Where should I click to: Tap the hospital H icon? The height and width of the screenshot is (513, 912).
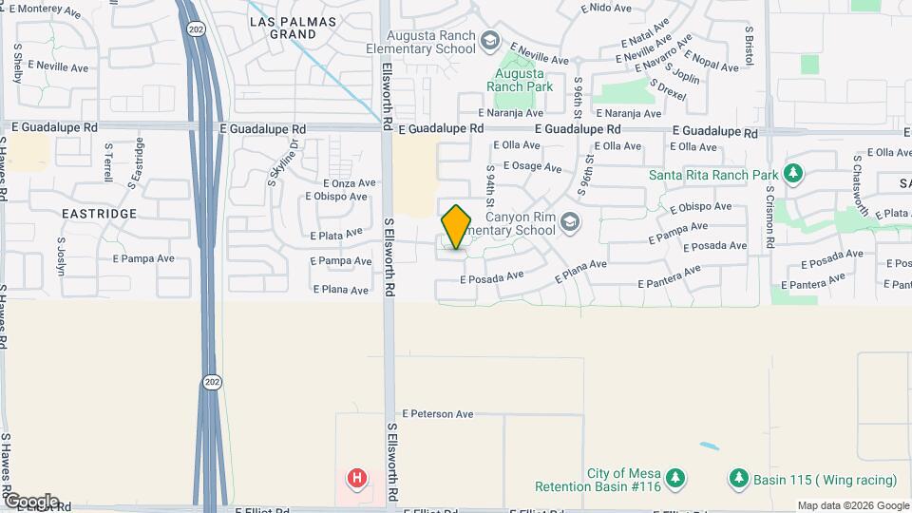pyautogui.click(x=357, y=477)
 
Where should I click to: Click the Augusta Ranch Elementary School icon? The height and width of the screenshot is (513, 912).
pyautogui.click(x=489, y=40)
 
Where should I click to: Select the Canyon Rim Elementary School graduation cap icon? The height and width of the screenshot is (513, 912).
pyautogui.click(x=569, y=222)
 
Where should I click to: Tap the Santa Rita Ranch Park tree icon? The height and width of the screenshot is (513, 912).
pyautogui.click(x=793, y=175)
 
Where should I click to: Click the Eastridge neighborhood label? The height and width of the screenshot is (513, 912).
pyautogui.click(x=100, y=214)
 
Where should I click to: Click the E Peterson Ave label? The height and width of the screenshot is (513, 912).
pyautogui.click(x=437, y=414)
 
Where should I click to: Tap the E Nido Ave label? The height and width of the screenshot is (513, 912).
pyautogui.click(x=605, y=8)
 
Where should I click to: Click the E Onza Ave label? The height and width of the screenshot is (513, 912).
pyautogui.click(x=351, y=182)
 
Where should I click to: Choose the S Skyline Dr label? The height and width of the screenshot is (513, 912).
pyautogui.click(x=282, y=162)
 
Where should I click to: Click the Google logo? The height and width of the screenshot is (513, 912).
pyautogui.click(x=30, y=502)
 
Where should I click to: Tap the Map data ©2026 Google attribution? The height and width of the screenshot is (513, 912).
pyautogui.click(x=852, y=505)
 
